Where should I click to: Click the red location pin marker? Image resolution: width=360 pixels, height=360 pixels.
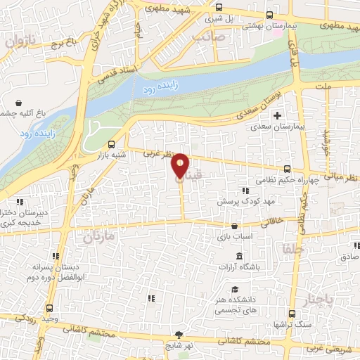(181, 166)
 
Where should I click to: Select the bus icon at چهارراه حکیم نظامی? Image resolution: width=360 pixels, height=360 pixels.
(287, 169)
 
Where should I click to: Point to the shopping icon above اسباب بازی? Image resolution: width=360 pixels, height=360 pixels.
(234, 226)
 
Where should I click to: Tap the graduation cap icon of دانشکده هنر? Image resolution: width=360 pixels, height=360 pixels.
(234, 290)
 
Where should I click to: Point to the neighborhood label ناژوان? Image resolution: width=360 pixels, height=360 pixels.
(20, 42)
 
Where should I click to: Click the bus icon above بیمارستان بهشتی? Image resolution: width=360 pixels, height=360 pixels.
(270, 15)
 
